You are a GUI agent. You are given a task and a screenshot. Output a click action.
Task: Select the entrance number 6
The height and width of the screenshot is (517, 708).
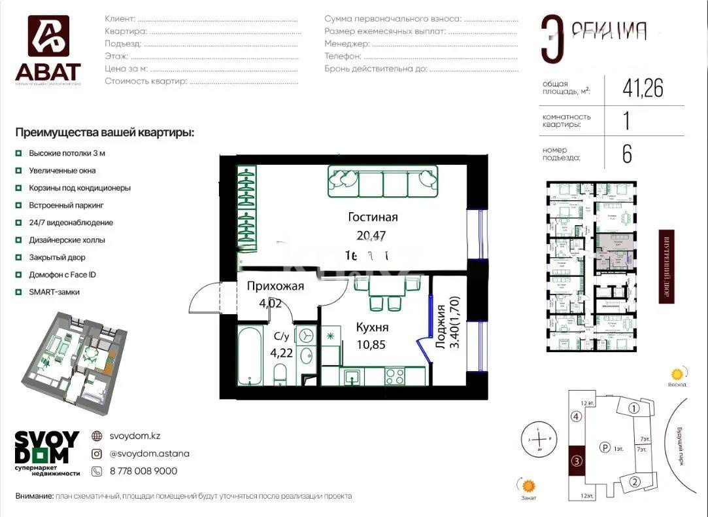coord(626,154)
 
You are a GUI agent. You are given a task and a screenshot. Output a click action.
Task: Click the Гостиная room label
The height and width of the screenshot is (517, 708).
coord(373,218)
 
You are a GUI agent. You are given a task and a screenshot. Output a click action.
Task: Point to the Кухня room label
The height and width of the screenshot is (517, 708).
coord(373,328)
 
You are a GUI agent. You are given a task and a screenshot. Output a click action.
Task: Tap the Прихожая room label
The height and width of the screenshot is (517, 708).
coord(275,286)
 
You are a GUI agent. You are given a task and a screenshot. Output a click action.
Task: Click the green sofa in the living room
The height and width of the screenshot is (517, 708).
coord(382,181)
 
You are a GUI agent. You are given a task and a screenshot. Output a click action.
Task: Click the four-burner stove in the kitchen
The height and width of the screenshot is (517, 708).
coord(394,376)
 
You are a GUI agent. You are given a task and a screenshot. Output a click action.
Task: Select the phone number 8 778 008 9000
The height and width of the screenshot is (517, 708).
coord(143,471)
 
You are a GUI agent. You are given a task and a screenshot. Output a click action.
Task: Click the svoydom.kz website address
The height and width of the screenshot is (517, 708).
coord(135,436)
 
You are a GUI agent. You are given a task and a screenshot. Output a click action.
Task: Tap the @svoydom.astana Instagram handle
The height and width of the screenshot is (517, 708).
coord(149,454)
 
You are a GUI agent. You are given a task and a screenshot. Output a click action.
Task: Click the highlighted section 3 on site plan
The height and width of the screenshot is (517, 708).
coord(575,461)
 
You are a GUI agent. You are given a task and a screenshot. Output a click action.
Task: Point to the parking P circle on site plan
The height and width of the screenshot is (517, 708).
coord(605,448)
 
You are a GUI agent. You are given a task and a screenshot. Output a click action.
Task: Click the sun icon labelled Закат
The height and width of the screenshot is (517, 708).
coord(528,486)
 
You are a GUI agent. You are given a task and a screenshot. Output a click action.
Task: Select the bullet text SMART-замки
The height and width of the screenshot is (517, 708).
coord(54,292)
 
